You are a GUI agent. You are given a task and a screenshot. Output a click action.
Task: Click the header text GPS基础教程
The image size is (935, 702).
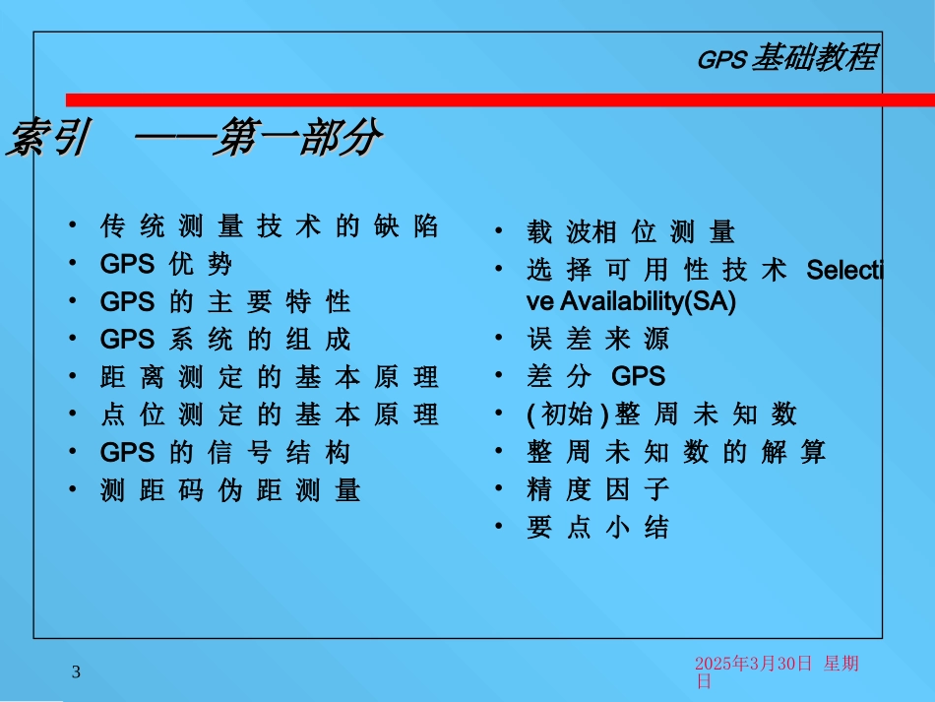tap(787, 58)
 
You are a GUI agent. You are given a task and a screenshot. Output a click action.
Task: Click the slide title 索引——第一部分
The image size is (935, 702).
tap(195, 138)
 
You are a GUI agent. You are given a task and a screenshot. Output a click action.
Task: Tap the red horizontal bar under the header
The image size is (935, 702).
tap(500, 100)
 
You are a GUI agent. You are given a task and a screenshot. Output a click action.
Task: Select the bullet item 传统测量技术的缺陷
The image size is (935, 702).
tap(270, 226)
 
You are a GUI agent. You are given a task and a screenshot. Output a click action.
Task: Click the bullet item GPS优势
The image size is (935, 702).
tap(166, 264)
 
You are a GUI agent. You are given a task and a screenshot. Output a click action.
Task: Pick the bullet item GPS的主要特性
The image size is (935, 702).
tap(225, 302)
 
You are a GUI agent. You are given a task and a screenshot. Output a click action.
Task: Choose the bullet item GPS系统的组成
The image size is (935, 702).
tap(225, 340)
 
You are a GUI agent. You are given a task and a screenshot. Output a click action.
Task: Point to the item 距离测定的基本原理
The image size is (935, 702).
tap(270, 377)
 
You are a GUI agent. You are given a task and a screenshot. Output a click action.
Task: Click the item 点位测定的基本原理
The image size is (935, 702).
tap(270, 415)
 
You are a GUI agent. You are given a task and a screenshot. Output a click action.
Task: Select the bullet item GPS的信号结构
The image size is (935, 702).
tap(225, 453)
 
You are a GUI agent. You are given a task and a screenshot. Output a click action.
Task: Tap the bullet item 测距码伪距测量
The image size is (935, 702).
tap(230, 490)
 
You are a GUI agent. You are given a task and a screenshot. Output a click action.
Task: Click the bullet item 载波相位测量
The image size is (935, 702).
tap(631, 232)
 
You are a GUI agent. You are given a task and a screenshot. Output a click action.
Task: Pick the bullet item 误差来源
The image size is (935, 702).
tap(598, 339)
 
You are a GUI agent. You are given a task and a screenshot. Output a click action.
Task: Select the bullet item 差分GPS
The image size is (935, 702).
tap(595, 376)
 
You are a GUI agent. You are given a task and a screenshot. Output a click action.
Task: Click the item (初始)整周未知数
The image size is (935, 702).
tap(662, 414)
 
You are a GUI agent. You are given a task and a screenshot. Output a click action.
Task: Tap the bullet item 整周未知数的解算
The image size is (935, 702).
tap(676, 452)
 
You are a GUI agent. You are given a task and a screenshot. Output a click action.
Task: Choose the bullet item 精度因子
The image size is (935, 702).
tap(598, 489)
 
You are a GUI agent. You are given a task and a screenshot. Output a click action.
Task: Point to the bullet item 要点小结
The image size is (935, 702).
tap(598, 528)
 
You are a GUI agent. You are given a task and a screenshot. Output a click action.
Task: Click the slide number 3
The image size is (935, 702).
tap(76, 672)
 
